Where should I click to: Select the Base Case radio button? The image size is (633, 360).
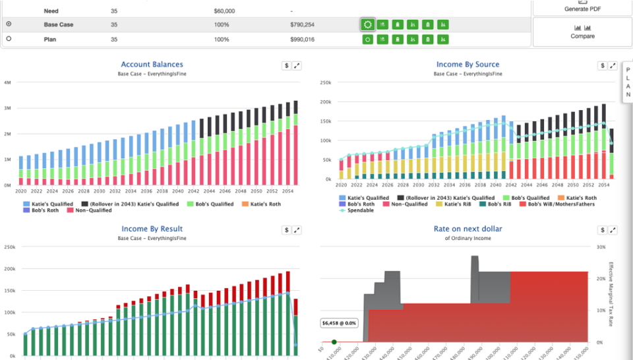point(9,24)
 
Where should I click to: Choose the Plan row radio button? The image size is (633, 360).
point(9,39)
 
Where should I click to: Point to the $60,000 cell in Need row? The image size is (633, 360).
point(226,11)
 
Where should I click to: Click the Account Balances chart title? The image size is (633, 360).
point(152,65)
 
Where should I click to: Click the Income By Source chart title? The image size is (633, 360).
point(467,65)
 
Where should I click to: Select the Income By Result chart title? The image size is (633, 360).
point(152,229)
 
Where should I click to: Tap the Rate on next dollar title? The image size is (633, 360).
point(467,229)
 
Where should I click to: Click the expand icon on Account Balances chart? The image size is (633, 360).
point(297,66)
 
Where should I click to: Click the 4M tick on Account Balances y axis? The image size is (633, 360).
point(7,83)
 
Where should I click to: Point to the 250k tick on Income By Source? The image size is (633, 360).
point(324,83)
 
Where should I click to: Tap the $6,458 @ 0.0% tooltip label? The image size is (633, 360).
point(339,324)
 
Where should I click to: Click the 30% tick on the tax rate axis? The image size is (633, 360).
point(601,247)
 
